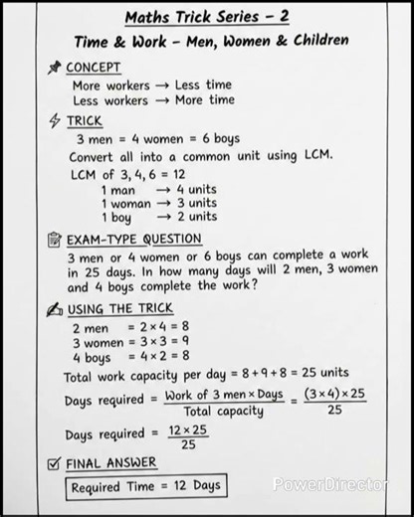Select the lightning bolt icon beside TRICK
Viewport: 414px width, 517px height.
coord(54,121)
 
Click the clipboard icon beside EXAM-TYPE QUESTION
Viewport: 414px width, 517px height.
coord(54,240)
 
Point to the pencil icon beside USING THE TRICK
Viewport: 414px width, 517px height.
coord(54,308)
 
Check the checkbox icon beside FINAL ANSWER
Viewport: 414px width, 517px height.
coord(54,462)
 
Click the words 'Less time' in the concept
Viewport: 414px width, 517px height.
coord(204,86)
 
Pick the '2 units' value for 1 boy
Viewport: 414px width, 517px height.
coord(196,217)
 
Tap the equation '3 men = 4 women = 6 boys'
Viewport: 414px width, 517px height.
coord(157,139)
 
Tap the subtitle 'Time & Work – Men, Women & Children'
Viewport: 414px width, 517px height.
coord(211,41)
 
